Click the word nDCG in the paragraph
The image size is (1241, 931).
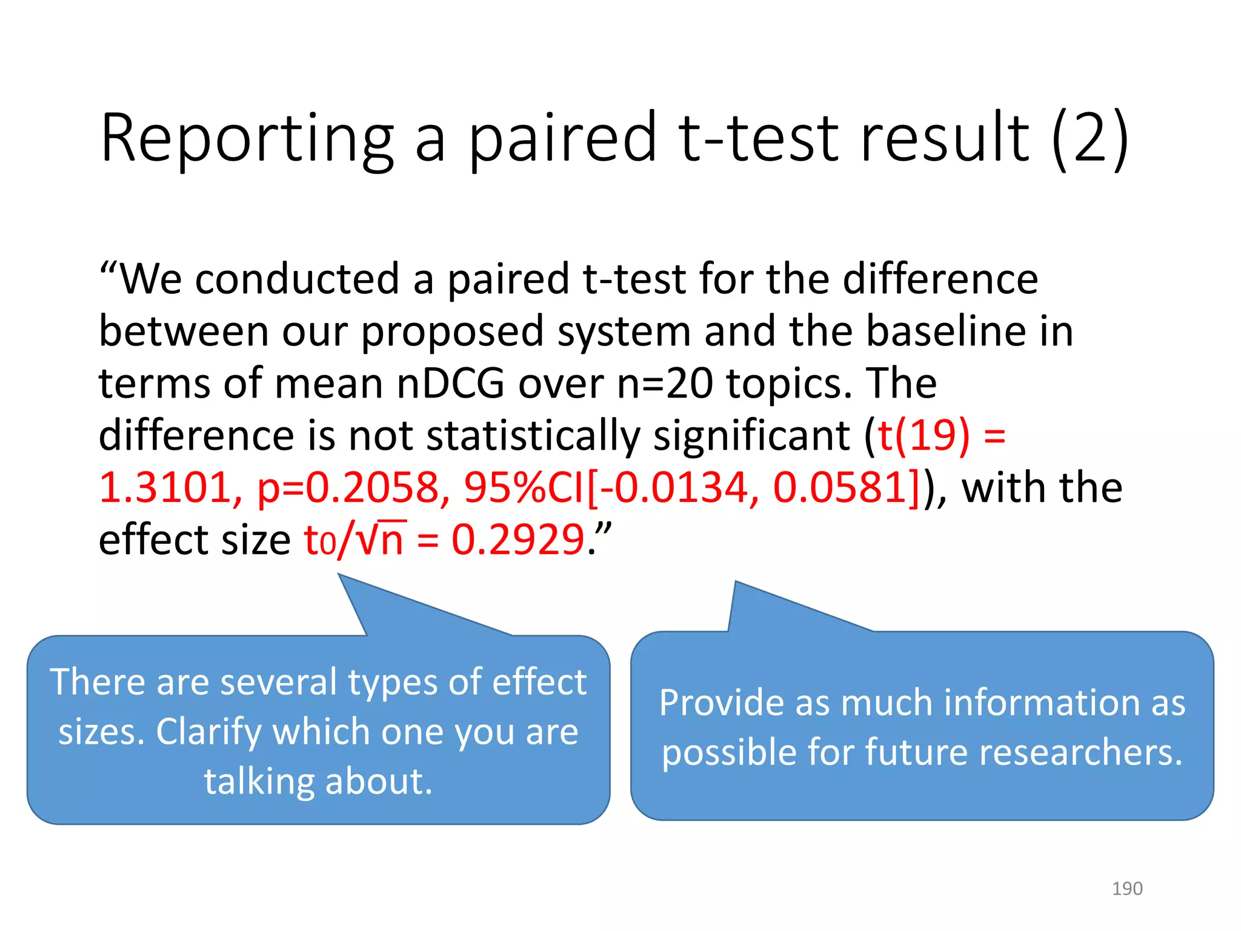450,384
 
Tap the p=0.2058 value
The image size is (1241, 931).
348,489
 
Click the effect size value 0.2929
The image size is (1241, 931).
518,539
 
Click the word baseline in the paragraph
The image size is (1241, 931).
946,332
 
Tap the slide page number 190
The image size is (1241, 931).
1126,889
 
